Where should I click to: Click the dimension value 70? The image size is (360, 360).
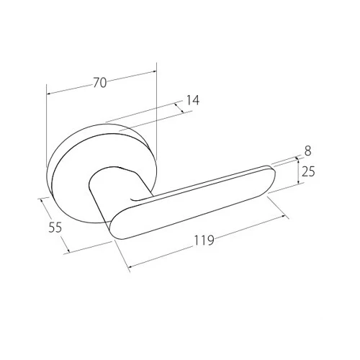coord(99,83)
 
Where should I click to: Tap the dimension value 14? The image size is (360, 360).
coord(193,100)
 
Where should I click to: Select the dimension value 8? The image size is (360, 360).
coord(307,151)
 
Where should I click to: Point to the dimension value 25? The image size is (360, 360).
coord(308,172)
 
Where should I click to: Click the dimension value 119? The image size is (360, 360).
coord(204,240)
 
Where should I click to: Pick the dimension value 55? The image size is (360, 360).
coord(55,227)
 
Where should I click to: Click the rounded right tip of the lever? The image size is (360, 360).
coord(272,179)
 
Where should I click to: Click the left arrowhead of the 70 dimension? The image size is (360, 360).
coord(49,94)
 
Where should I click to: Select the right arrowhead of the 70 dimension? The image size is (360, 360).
coord(154,71)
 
